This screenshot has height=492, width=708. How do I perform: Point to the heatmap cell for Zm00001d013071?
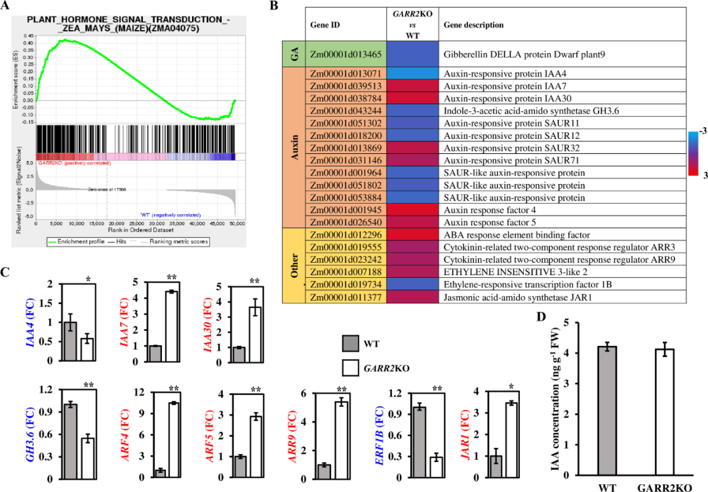412,74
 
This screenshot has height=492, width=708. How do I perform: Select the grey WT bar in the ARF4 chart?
160,472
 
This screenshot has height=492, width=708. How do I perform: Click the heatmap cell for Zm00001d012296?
412,235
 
